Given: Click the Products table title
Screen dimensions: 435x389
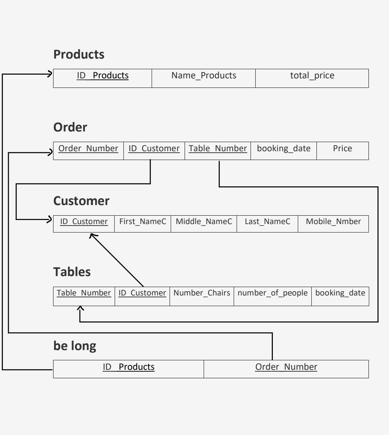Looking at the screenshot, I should point(79,55).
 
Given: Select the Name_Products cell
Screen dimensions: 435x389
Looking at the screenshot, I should point(204,76).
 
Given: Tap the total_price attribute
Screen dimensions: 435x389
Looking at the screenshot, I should point(312,76).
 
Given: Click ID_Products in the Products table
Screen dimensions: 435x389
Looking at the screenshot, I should point(103,76).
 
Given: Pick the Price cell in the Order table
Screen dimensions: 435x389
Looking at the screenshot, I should point(342,149).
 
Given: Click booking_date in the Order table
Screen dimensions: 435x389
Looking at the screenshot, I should point(284,149).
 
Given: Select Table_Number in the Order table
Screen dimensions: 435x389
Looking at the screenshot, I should point(218,149).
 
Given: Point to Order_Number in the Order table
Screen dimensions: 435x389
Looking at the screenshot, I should point(88,149).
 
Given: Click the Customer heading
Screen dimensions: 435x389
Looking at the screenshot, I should point(81,201).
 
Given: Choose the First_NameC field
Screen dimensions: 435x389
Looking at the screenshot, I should point(142,222).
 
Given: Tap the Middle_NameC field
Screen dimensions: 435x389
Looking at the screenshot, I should point(204,222).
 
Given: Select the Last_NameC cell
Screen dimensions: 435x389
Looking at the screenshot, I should point(267,222).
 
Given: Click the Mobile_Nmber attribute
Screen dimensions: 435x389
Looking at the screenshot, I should point(333,222).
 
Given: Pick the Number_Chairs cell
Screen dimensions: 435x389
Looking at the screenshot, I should point(201,293).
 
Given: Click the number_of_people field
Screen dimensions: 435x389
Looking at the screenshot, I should point(273,293).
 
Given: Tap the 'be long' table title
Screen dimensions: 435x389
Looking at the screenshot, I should point(75,346).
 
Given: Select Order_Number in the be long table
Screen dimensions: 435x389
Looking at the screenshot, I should point(286,367).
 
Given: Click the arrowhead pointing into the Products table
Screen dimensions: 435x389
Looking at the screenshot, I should point(50,74).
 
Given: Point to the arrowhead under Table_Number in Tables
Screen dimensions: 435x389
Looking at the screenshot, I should point(80,309).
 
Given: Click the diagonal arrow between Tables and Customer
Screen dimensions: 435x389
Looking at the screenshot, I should point(117,260).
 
